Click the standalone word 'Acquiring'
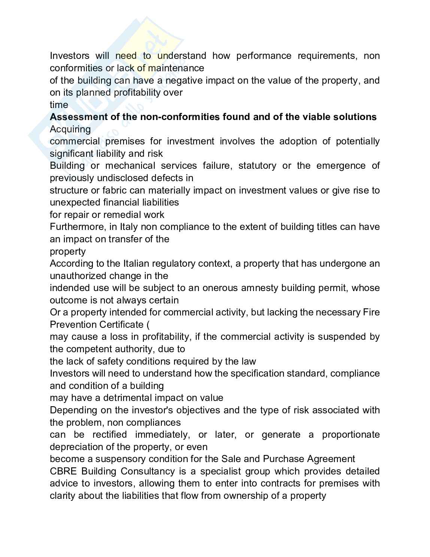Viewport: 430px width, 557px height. [x=70, y=129]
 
